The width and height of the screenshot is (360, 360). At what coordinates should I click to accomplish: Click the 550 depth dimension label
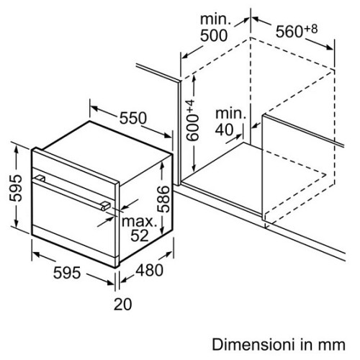[x=133, y=118]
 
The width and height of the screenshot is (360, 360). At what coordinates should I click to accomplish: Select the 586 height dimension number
[x=163, y=199]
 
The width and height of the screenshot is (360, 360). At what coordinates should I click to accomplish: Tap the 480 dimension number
[x=150, y=270]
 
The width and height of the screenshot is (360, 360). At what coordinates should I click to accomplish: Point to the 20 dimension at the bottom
[x=122, y=304]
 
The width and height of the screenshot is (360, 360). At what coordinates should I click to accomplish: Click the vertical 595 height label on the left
[x=16, y=188]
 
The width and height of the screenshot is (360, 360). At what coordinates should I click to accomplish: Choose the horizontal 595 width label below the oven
[x=67, y=273]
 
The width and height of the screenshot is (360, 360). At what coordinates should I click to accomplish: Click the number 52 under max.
[x=140, y=235]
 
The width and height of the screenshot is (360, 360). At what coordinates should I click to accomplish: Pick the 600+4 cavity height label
[x=192, y=120]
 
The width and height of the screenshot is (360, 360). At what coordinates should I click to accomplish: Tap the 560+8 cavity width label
[x=297, y=30]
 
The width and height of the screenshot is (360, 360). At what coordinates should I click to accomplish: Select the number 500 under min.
[x=214, y=36]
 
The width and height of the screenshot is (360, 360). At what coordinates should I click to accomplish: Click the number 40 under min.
[x=224, y=130]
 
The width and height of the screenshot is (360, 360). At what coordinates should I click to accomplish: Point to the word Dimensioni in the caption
[x=253, y=345]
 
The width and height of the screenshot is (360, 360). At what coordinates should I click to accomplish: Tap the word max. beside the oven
[x=139, y=221]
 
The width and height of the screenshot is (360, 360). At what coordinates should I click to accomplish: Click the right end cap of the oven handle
[x=106, y=206]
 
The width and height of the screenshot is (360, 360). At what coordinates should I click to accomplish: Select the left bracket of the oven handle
[x=40, y=179]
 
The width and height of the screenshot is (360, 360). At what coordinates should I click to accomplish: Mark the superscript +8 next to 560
[x=311, y=29]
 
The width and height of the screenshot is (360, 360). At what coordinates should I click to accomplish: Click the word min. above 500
[x=215, y=19]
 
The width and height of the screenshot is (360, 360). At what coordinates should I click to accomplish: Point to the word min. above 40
[x=231, y=113]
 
